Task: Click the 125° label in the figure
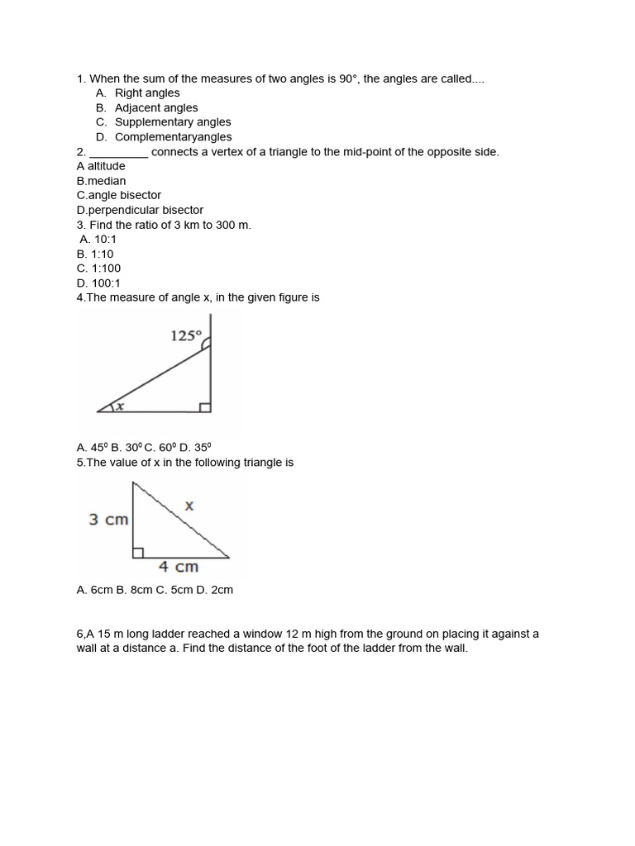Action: point(186,336)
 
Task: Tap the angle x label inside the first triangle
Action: point(119,406)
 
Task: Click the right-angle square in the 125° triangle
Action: point(205,406)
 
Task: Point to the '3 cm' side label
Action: point(108,520)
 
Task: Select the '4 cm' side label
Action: point(179,567)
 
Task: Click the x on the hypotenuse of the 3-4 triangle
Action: point(189,506)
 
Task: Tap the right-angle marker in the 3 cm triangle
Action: point(138,553)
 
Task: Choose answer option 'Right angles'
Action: point(146,93)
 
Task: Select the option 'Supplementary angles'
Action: point(173,122)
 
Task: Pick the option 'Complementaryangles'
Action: point(173,137)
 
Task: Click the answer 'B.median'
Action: point(101,181)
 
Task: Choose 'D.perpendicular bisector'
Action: point(140,210)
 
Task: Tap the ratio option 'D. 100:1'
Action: point(98,283)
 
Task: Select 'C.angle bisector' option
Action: point(118,196)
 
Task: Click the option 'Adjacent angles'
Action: point(156,108)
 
